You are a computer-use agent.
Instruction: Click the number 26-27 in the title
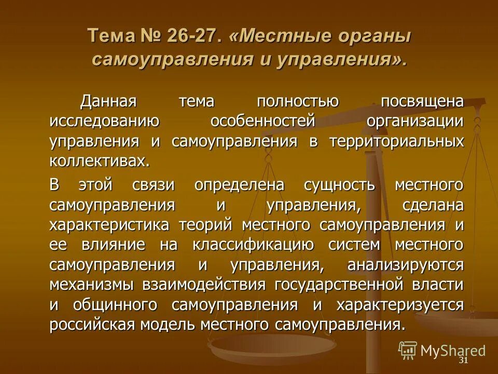tap(192, 36)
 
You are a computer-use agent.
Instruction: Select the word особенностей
tap(263, 121)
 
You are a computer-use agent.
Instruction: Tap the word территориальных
tap(396, 141)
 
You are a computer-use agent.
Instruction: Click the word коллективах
tap(99, 161)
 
